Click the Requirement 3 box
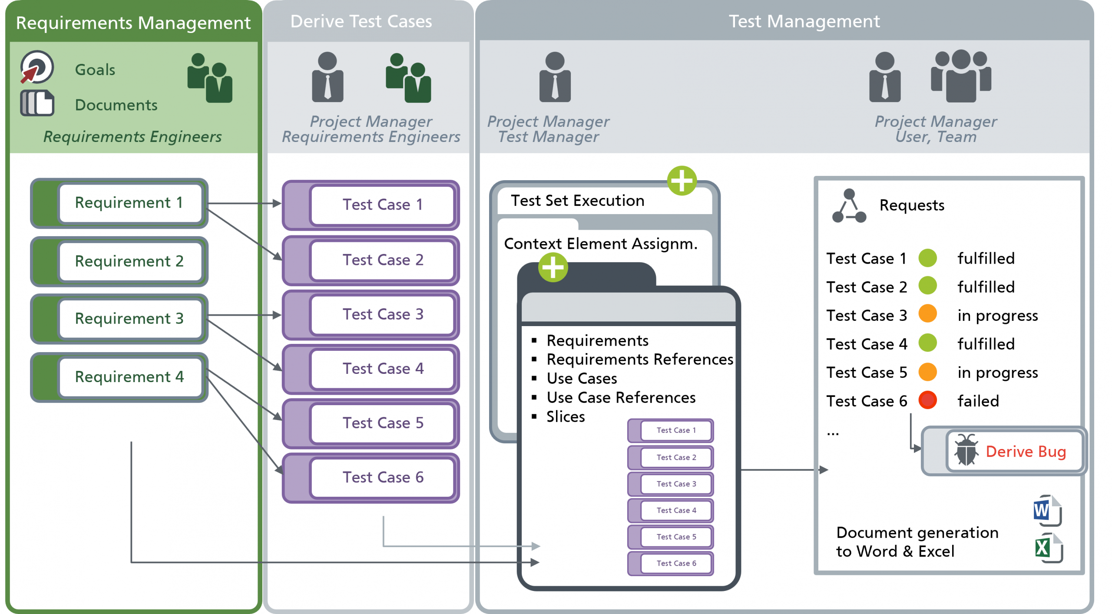129,318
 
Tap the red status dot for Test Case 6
927,400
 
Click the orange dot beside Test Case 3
927,314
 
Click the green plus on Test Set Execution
682,181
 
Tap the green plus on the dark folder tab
553,267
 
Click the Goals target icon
37,67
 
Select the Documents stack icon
37,103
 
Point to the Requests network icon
848,206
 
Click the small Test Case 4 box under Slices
675,510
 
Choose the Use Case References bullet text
621,397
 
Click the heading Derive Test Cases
361,21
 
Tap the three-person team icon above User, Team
960,76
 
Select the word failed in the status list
978,401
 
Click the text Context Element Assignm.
600,244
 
